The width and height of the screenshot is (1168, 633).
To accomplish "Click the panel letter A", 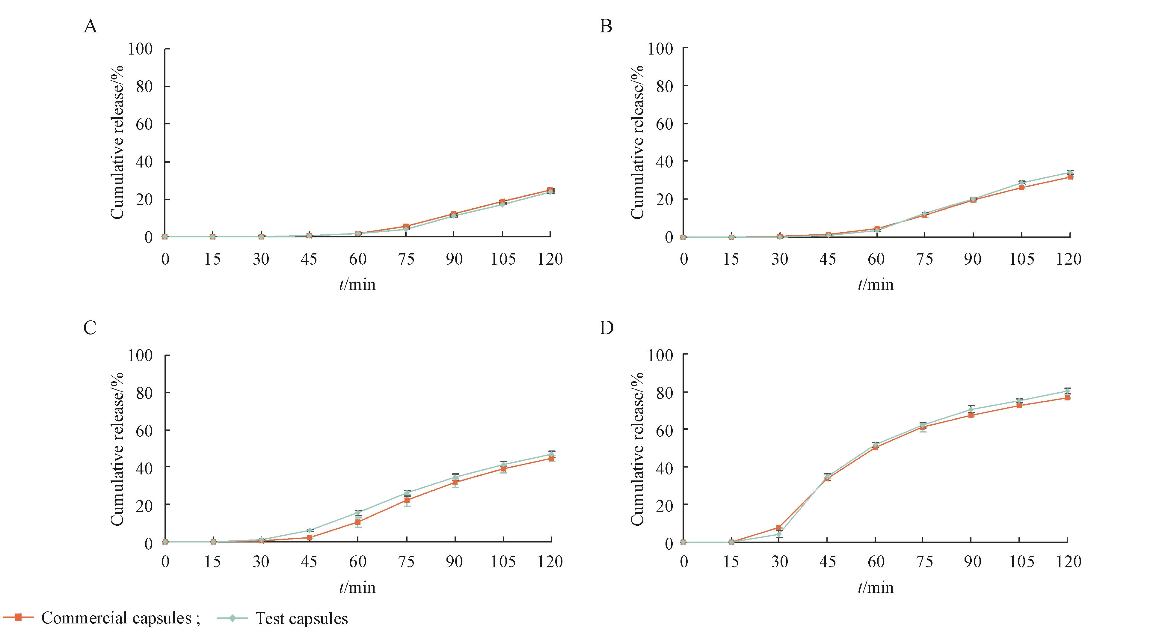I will point(91,27).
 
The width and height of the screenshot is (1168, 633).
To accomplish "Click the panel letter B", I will point(606,27).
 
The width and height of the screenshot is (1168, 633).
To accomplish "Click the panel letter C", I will point(90,327).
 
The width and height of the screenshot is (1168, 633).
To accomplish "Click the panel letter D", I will point(606,327).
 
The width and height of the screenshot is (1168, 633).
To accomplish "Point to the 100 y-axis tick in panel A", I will point(140,49).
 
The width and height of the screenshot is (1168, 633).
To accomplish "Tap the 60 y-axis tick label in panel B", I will point(664,124).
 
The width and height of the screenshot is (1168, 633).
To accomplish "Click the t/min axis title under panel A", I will point(357,284).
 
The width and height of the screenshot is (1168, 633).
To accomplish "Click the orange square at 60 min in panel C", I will point(358,522).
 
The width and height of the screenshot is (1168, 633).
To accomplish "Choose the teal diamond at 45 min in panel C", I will point(310,530).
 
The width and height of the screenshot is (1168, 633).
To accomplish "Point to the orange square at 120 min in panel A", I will point(550,190).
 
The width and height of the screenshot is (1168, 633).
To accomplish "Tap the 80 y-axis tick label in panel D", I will point(664,392).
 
